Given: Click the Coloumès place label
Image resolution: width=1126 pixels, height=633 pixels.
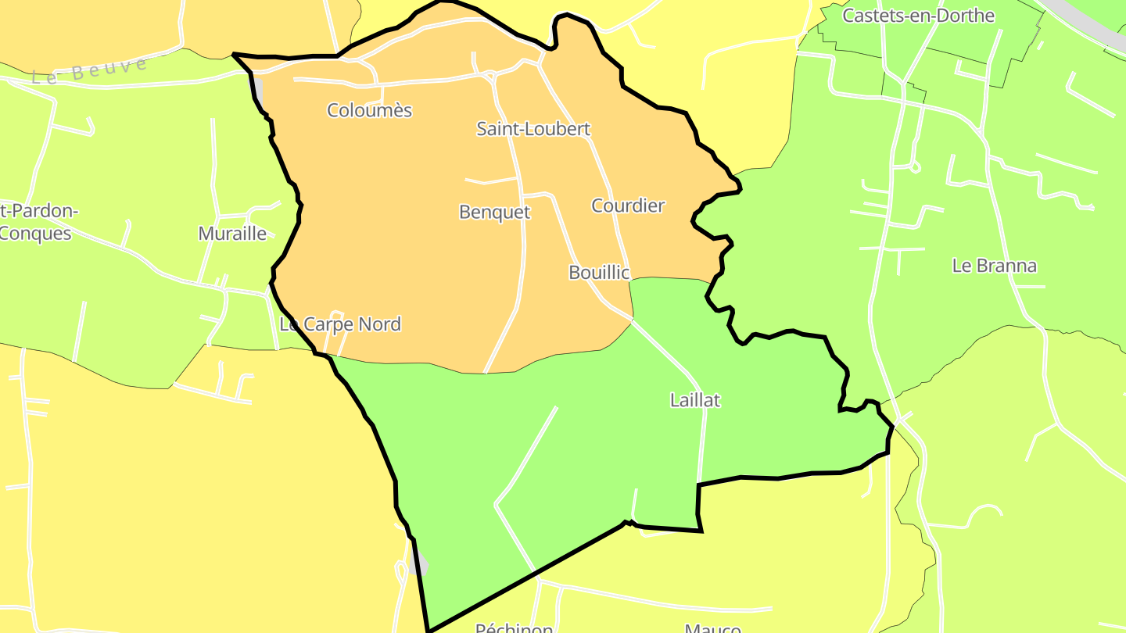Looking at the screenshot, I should coord(369,110).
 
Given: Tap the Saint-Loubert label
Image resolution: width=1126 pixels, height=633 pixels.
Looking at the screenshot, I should coord(533,129).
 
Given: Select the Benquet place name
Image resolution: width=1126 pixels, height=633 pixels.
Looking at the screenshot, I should coord(494,212).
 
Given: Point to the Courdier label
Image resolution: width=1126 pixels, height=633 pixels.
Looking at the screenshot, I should coord(628,206).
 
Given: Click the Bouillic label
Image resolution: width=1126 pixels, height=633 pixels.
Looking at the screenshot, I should coord(599,272).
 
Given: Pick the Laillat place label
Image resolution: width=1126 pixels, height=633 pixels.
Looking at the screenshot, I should coord(695,400).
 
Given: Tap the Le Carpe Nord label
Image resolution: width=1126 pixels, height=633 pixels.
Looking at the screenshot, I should coord(340,324).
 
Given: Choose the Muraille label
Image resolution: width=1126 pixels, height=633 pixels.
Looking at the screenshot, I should coord(232,233).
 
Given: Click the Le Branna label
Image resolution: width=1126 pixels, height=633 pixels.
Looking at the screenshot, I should coord(995,266).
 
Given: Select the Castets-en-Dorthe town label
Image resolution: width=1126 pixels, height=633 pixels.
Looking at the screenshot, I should coord(918,16).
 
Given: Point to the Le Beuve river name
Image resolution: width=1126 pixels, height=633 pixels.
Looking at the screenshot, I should coord(89,70).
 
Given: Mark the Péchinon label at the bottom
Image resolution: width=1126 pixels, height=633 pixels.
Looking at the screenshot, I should coord(514,628).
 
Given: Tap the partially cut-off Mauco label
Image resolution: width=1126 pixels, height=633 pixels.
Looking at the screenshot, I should coord(712,628).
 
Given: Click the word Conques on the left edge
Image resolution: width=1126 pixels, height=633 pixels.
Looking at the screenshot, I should coord(36,233).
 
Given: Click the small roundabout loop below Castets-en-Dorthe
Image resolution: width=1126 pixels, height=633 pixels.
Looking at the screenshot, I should coord(915,166).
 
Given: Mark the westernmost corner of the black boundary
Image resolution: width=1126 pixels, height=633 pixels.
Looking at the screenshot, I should coord(235,55).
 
